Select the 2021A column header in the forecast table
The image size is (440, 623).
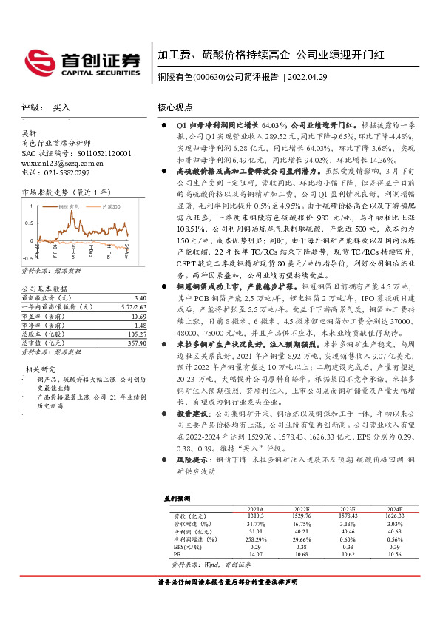(256, 509)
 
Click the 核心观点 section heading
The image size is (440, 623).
(175, 107)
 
